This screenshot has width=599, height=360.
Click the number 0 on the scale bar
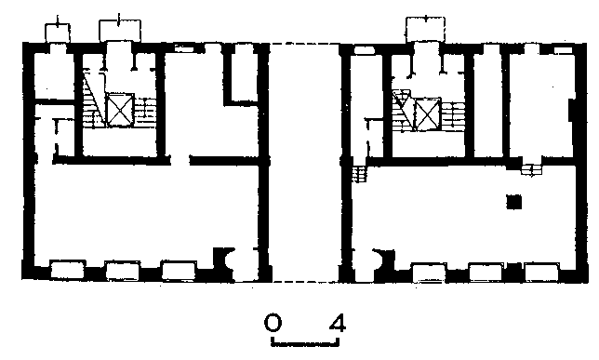tap(273, 323)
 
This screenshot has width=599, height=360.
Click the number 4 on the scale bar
tap(337, 323)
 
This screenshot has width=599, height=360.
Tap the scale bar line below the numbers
tap(305, 344)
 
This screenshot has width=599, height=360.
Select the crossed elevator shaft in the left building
tap(120, 110)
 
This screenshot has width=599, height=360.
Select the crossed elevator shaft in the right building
tap(428, 114)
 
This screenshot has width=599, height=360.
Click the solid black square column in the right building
tap(513, 202)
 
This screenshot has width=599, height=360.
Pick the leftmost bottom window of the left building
tap(67, 270)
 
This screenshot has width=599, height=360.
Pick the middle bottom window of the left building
tap(122, 271)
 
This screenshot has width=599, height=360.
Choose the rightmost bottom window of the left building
tap(179, 271)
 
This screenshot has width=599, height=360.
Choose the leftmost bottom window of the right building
tap(430, 273)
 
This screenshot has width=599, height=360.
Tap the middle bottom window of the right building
tap(486, 273)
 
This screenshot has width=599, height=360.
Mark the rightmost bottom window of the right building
tap(541, 273)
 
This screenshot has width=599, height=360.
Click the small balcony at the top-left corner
tap(58, 33)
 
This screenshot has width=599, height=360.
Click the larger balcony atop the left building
tap(120, 31)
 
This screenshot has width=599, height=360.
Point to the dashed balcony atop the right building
tap(426, 30)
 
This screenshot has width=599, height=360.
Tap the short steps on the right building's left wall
tap(359, 174)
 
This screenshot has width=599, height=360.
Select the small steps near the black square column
tap(531, 170)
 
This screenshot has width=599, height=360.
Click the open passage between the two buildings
tap(305, 163)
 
